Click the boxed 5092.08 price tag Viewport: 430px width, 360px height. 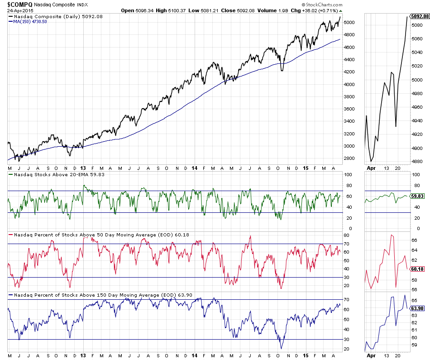419,16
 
